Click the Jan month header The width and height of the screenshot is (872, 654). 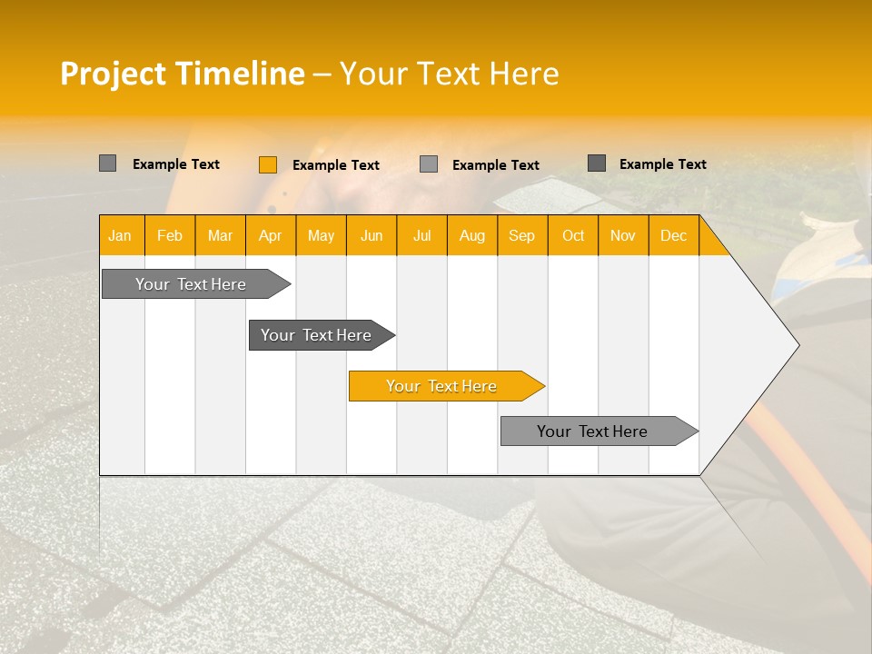120,236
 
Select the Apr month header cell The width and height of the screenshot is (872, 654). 270,236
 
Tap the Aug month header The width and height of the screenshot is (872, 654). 471,236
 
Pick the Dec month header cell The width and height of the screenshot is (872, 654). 673,236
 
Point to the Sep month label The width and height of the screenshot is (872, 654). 521,236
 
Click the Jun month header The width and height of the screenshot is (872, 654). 372,236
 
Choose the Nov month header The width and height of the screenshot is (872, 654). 623,236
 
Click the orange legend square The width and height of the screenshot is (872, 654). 267,164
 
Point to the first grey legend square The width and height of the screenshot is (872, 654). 107,163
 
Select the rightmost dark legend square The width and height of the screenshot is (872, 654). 597,163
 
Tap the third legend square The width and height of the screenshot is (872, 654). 429,164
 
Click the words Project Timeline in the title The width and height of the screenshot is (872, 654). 182,74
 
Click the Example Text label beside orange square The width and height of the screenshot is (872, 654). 336,165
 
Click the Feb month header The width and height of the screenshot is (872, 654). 170,236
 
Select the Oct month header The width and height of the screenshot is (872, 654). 573,236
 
